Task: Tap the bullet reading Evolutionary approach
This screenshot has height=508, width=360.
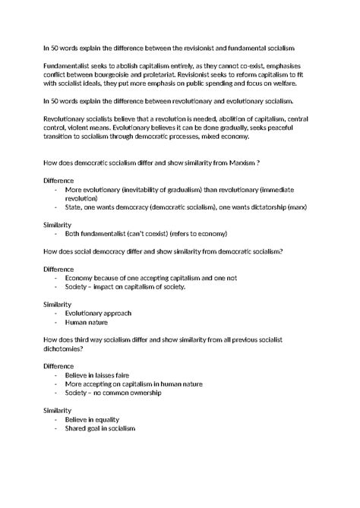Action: pyautogui.click(x=99, y=313)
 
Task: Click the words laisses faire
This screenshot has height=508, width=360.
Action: pyautogui.click(x=115, y=374)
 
